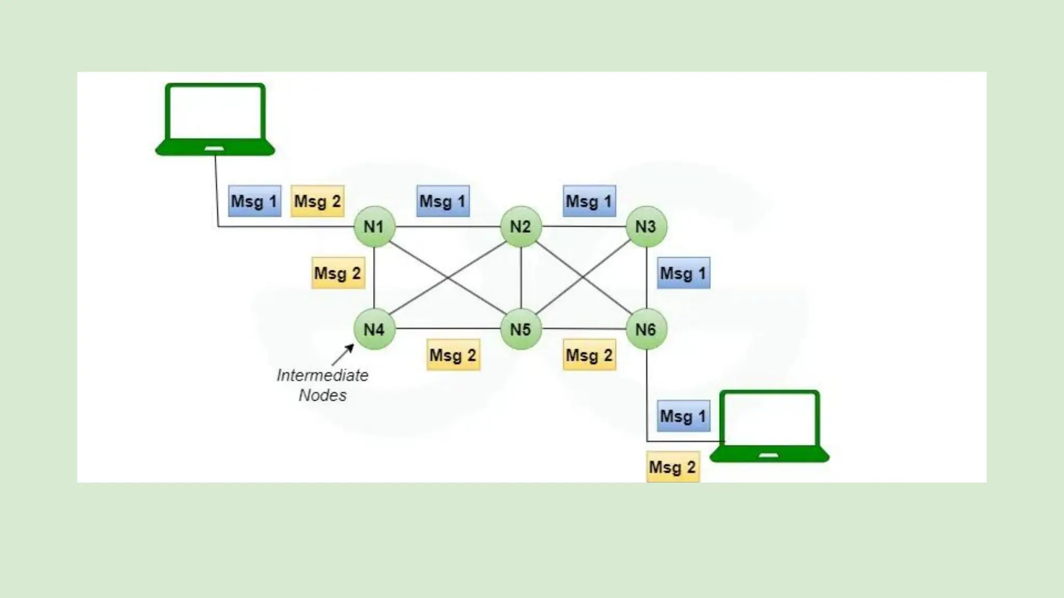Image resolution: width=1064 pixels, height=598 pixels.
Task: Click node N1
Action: [374, 227]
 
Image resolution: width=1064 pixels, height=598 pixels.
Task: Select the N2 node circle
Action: [521, 227]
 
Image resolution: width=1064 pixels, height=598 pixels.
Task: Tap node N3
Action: [646, 227]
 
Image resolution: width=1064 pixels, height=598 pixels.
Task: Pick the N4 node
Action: [374, 329]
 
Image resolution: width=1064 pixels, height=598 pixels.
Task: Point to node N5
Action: [521, 329]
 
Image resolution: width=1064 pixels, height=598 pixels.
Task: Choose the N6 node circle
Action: [646, 329]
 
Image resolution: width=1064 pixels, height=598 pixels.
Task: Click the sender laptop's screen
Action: [215, 113]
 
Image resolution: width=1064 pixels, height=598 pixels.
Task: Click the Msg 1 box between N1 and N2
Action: [443, 201]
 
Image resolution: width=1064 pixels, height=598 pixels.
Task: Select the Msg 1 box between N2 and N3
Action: [589, 201]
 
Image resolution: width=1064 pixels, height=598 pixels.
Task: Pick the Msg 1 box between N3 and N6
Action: [683, 273]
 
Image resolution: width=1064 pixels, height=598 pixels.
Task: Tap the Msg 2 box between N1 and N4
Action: [338, 273]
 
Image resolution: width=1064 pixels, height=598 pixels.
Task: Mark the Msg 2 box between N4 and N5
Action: [453, 355]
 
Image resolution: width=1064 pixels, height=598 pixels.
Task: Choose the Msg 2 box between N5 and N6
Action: [589, 355]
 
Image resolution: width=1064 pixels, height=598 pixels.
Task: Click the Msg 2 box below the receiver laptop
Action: [672, 467]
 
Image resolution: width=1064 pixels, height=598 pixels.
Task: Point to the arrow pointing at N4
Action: [343, 355]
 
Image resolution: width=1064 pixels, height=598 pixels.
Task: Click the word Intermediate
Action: [322, 375]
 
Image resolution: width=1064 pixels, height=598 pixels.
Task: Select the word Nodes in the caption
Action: [322, 396]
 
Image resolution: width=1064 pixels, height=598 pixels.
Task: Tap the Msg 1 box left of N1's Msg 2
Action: [254, 201]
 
